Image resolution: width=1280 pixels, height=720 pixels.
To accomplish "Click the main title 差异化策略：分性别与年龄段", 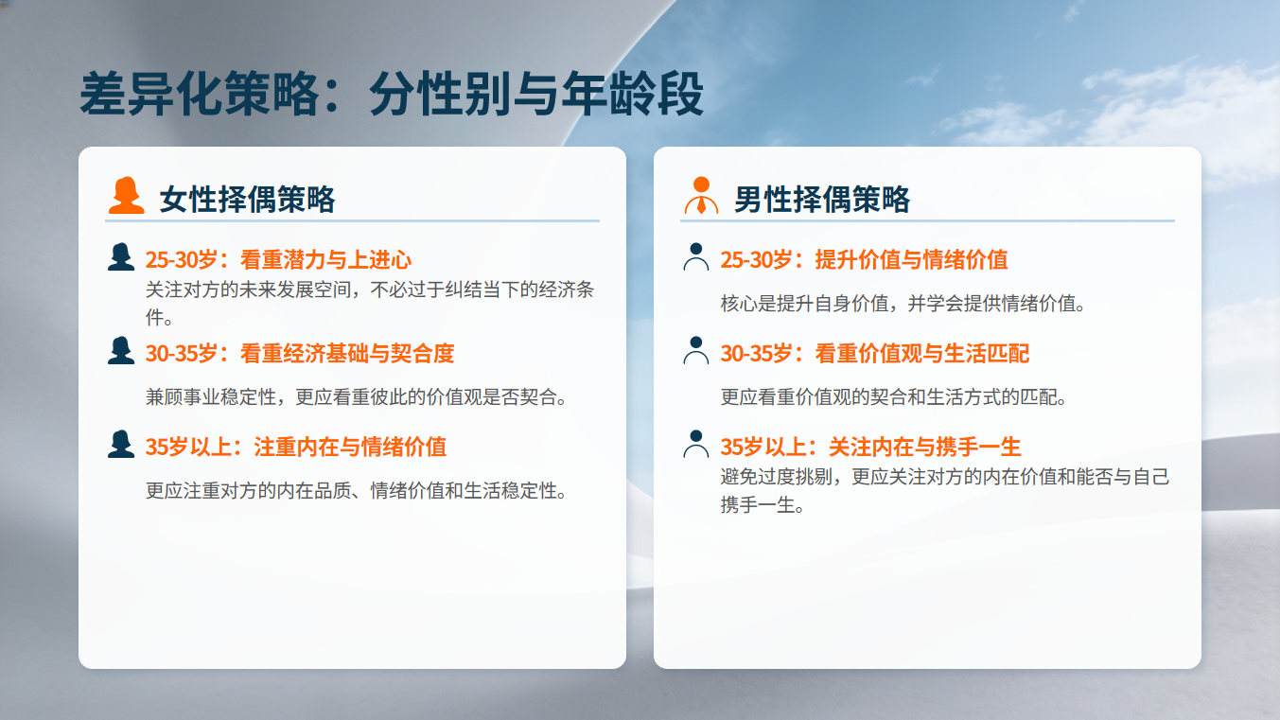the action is point(392,94).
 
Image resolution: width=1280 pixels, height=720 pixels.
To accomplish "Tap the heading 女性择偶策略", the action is point(248,200).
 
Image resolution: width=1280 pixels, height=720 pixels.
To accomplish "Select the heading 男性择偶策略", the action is point(822,200).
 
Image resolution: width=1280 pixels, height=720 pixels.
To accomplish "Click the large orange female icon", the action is point(126,196).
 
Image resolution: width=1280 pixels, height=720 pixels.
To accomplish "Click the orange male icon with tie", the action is point(701,196).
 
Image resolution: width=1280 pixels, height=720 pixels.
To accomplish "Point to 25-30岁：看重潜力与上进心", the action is point(278,259).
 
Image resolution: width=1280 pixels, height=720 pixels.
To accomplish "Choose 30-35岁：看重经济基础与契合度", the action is point(300,353).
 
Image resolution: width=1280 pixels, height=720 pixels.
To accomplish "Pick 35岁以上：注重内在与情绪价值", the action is point(295,447).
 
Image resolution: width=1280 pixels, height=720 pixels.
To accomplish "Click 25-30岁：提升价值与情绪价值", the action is point(864,259).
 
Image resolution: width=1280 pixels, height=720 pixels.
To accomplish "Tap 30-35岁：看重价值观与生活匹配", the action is point(875,353).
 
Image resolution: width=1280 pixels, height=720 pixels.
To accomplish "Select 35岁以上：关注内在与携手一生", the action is point(870,447).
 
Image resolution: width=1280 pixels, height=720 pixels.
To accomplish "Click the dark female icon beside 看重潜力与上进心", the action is point(120,256).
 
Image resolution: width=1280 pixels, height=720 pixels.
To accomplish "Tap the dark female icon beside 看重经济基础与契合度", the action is point(120,350).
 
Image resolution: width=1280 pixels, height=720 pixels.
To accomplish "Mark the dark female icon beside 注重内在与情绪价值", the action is point(120,444).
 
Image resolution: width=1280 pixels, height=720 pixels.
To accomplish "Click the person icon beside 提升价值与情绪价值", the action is point(696,256).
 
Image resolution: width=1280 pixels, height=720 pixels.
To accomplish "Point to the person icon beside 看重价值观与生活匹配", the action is point(696,350).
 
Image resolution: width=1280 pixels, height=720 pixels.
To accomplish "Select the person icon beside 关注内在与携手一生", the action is point(696,444).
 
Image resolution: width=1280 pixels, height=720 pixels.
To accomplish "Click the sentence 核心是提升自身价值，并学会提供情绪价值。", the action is point(903,304).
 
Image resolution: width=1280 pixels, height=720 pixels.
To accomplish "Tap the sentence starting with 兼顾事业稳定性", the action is point(356,397).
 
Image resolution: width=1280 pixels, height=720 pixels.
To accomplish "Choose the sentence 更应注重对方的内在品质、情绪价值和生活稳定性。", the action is point(356,491).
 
